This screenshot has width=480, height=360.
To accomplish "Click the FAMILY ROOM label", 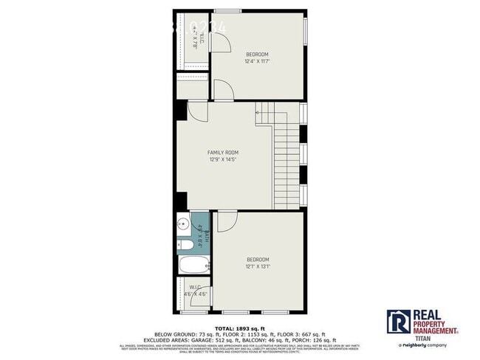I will [x=222, y=153].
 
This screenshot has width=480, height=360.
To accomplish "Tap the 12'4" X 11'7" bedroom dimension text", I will [x=257, y=60].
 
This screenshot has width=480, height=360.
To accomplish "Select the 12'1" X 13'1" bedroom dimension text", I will [x=258, y=266].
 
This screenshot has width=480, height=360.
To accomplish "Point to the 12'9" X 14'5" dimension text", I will [x=222, y=159].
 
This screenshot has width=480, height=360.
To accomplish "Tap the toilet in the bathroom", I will [x=187, y=245].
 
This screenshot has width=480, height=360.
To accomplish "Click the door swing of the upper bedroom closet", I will [x=218, y=43].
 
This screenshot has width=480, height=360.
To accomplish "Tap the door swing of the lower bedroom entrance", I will [x=227, y=219].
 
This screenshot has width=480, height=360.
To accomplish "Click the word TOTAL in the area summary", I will [x=224, y=328].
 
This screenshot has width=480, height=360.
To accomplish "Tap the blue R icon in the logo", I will [x=398, y=322].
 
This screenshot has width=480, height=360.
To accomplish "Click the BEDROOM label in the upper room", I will [x=257, y=54].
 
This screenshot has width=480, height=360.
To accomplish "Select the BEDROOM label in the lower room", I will [x=258, y=259].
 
